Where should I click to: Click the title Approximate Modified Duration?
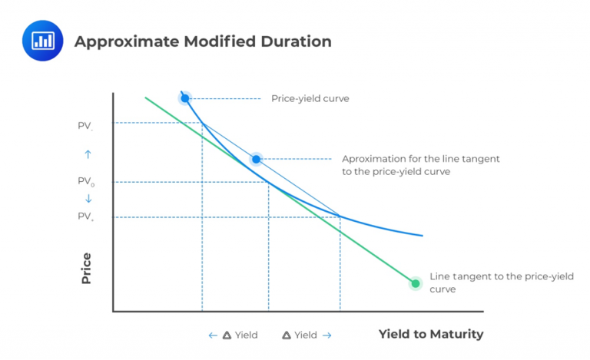tap(203, 41)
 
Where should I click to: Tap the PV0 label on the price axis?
tap(86, 182)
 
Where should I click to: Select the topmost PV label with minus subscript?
tap(85, 124)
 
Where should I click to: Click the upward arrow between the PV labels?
tap(88, 154)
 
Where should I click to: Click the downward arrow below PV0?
tap(88, 199)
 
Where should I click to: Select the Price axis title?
tap(86, 268)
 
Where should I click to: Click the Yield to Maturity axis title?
tap(431, 334)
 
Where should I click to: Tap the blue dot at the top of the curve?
tap(184, 98)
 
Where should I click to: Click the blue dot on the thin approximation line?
tap(257, 159)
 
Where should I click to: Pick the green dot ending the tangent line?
tap(416, 283)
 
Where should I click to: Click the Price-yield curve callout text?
tap(310, 98)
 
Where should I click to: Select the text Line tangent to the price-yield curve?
tap(502, 282)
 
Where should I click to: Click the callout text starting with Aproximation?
tap(420, 165)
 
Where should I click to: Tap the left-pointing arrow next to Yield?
tap(213, 335)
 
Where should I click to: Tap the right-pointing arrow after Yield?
tap(327, 335)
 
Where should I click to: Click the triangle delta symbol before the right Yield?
tap(287, 335)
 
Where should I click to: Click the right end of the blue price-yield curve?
tap(422, 235)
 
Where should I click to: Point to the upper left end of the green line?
tap(146, 98)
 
